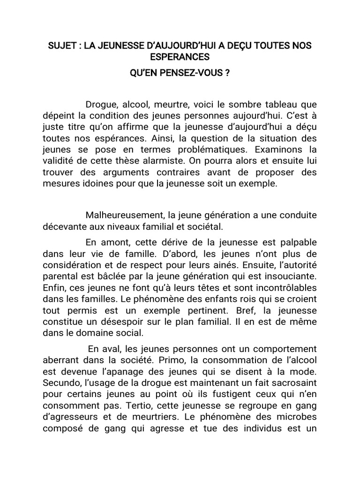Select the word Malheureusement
124,215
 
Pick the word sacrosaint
290,383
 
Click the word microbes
295,417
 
